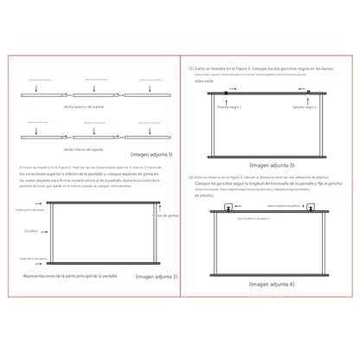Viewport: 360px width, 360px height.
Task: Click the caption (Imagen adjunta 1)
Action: (x=154, y=155)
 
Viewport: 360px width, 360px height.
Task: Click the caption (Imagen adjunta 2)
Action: (x=157, y=276)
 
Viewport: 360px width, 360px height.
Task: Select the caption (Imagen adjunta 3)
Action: (x=271, y=164)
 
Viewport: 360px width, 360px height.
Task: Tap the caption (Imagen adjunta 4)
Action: (x=271, y=283)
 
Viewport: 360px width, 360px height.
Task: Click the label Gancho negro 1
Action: (x=230, y=107)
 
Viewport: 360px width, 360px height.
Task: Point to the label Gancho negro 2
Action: (x=304, y=107)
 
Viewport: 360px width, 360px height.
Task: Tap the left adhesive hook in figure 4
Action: (x=228, y=207)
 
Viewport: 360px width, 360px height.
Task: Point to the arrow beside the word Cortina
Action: (x=42, y=233)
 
